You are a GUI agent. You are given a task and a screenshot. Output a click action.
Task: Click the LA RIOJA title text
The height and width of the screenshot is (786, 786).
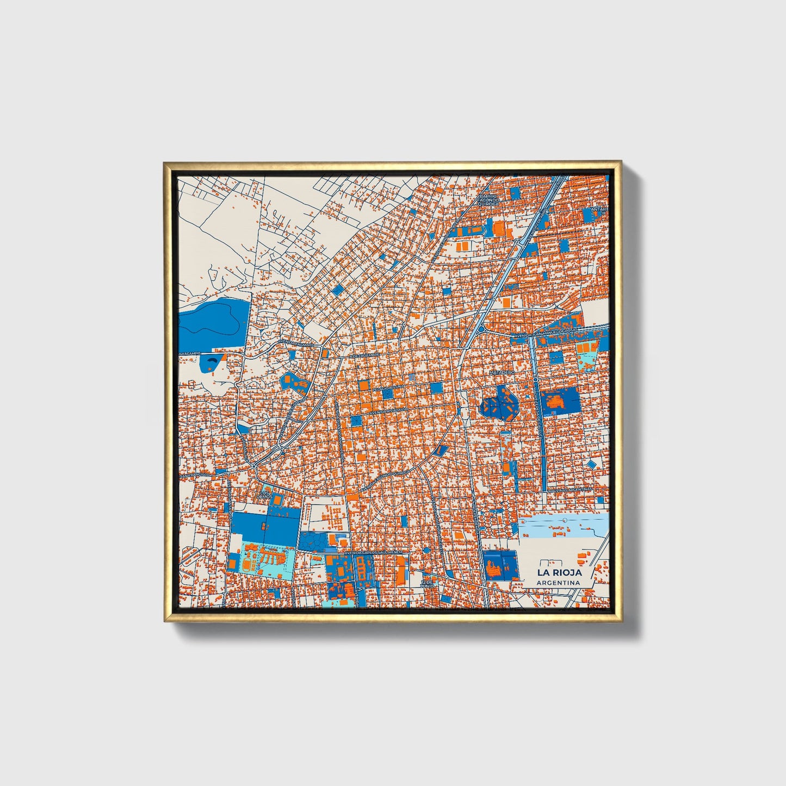[559, 572]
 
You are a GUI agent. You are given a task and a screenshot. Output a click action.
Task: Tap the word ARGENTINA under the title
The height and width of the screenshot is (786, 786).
[558, 583]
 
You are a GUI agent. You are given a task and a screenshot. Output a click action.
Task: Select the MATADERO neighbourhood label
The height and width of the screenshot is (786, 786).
[501, 373]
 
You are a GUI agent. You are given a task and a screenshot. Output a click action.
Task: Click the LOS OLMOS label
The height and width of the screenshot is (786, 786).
[264, 496]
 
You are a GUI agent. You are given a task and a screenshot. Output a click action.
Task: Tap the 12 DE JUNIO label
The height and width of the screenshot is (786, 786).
[429, 583]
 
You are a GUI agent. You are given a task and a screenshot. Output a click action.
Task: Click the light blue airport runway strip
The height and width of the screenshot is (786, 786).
[563, 527]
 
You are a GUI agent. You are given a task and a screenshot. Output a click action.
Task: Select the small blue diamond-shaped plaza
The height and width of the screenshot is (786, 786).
[592, 464]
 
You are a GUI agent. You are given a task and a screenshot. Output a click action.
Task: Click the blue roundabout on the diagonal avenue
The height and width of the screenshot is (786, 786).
[481, 329]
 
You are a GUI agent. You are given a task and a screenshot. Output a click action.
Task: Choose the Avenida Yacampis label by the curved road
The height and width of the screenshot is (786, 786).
[296, 344]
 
